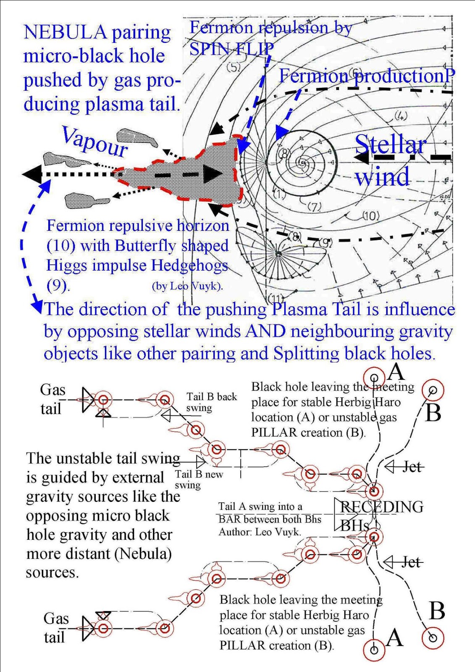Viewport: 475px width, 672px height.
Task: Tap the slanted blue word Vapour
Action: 95,141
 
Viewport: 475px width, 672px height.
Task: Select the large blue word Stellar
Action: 391,144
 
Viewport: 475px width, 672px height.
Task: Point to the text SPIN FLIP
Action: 231,49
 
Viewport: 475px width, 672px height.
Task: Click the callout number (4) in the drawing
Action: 401,116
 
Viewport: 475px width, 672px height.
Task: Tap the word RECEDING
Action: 381,507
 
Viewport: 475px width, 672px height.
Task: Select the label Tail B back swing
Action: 211,402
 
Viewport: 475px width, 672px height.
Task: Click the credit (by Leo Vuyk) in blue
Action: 187,286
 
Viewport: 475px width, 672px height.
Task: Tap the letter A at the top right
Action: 396,372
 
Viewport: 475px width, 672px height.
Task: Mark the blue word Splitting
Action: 306,353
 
